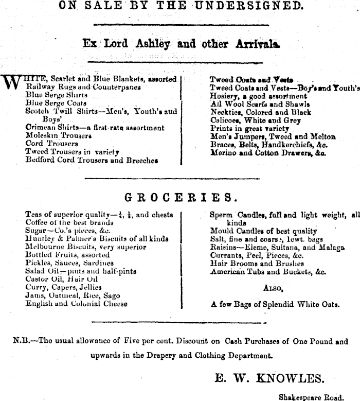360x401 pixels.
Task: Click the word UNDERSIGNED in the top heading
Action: click(259, 6)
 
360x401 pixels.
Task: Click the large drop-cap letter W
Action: click(14, 83)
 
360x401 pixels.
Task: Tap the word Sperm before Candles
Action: click(221, 215)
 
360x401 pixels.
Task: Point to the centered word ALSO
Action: click(273, 288)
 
